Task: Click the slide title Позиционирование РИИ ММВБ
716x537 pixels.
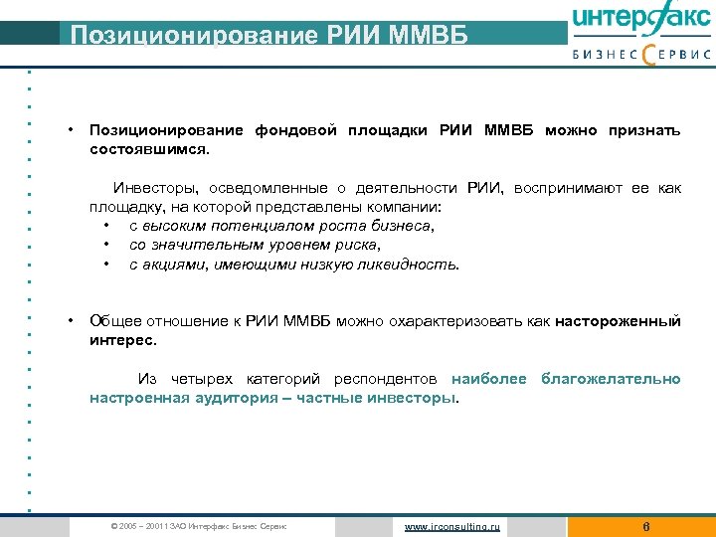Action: [x=266, y=36]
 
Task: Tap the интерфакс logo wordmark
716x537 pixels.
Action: [x=641, y=21]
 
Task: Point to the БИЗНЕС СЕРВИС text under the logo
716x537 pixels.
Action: [x=641, y=56]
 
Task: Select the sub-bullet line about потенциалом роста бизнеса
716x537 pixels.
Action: [x=282, y=226]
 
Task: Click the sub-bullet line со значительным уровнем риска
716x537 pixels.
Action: [x=255, y=245]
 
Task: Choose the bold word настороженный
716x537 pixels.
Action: [x=618, y=321]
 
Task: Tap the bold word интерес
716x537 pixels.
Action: [x=122, y=340]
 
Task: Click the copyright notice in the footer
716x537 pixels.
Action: [x=200, y=526]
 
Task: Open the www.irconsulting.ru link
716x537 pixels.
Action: [x=453, y=526]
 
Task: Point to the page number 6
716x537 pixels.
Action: [x=646, y=526]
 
